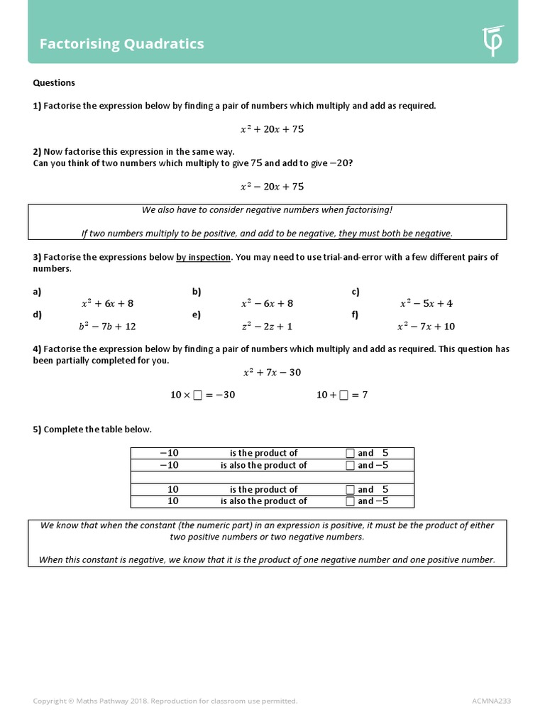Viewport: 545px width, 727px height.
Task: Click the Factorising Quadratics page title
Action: (x=121, y=44)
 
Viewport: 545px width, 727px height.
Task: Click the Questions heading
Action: (x=54, y=83)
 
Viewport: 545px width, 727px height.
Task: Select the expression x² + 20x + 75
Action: (x=272, y=129)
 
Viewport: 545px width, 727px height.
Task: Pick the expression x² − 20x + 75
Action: (x=272, y=187)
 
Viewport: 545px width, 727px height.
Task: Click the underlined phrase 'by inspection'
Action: (x=204, y=257)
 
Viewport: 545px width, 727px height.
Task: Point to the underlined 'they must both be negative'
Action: (x=395, y=233)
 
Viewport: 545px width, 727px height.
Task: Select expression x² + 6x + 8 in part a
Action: (x=107, y=303)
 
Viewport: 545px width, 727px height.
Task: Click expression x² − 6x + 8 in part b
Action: (x=267, y=303)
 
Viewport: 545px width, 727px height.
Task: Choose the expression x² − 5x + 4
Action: (x=426, y=303)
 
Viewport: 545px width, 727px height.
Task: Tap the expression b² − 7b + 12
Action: (x=107, y=327)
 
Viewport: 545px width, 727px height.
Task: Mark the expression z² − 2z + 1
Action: (x=267, y=327)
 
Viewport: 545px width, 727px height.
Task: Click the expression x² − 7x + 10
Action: (x=426, y=327)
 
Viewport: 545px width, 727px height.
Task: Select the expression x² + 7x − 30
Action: (x=272, y=372)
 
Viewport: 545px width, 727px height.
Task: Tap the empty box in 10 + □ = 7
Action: (x=344, y=395)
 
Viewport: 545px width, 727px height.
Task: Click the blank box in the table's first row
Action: (x=349, y=453)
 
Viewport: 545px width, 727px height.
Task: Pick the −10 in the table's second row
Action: (x=169, y=465)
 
